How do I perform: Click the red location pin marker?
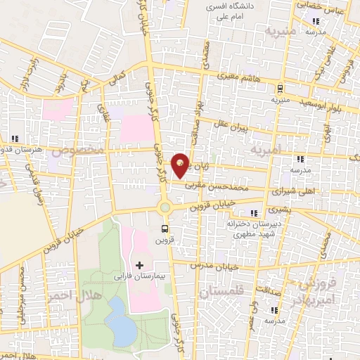point(181,165)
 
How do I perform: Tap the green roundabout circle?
point(166,207)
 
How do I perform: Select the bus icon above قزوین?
point(165,229)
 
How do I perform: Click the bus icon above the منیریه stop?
point(281,89)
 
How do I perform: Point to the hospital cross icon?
point(139,265)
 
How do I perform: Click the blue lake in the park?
point(124,329)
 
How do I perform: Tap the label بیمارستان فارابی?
point(139,276)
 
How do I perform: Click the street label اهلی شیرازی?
point(290,191)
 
